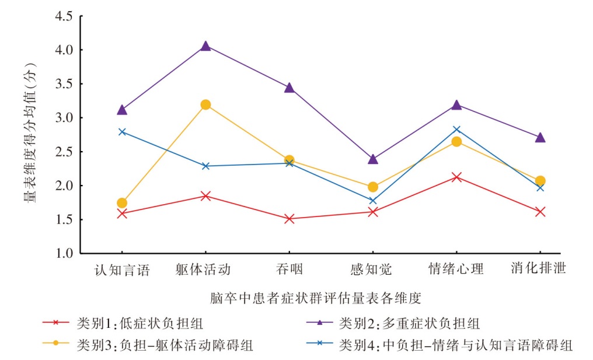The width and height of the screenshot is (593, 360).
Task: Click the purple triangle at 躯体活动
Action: (205, 46)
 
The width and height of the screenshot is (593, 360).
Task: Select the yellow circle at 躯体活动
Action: (205, 105)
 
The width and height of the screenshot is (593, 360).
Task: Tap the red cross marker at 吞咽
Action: (289, 219)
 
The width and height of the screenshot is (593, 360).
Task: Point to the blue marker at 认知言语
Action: (122, 132)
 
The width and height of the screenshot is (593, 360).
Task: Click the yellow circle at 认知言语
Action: (122, 203)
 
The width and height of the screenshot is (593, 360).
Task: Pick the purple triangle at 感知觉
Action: (373, 158)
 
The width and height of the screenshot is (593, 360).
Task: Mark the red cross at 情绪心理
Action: (456, 177)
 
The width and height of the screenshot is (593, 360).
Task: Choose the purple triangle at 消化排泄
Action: (540, 137)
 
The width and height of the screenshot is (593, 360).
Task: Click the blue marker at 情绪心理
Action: (456, 130)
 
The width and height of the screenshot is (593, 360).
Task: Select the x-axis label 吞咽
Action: (289, 270)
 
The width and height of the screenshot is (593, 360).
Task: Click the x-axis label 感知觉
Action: (372, 270)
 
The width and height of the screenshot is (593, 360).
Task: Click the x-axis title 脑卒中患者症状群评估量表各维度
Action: (316, 298)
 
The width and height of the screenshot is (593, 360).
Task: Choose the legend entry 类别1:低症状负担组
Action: (140, 323)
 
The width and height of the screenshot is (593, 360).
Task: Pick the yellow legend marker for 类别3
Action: (56, 344)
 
